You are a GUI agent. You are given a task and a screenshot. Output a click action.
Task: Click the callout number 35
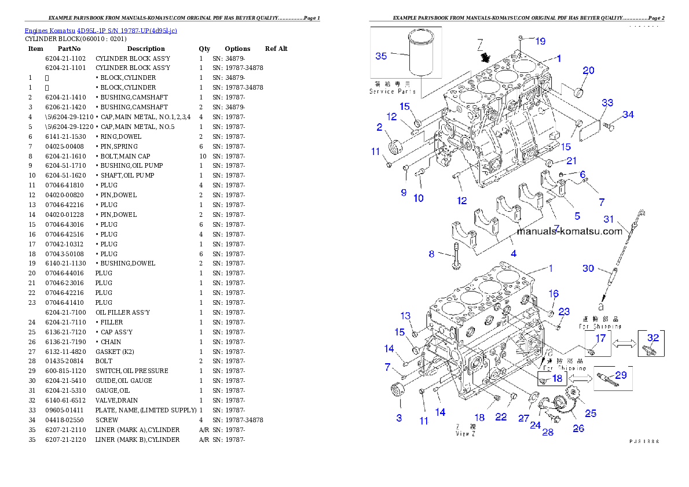(381, 56)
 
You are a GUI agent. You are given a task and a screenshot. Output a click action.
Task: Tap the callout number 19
(540, 41)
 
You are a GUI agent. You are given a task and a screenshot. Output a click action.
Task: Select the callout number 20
(588, 71)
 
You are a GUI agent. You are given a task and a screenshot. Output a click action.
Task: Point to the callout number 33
(607, 103)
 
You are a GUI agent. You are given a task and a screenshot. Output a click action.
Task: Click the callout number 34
(628, 115)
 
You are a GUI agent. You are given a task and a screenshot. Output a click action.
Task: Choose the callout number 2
(379, 127)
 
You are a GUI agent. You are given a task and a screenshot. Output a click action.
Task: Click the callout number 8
(431, 254)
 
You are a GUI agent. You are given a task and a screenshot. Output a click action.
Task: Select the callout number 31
(608, 219)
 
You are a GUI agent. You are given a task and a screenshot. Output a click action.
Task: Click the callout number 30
(588, 268)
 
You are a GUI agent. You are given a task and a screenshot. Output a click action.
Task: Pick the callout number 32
(653, 338)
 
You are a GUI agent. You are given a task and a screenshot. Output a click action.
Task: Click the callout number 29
(620, 375)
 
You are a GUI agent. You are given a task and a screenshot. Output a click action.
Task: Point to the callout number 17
(600, 338)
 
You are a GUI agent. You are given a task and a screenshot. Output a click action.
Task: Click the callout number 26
(578, 429)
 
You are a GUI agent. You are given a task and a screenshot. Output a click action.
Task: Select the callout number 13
(405, 316)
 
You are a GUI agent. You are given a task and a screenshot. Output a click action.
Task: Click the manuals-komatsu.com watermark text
(569, 231)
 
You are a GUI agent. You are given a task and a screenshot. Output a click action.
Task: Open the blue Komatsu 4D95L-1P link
(101, 30)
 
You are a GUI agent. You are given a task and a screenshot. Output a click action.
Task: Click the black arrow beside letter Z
(485, 57)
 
